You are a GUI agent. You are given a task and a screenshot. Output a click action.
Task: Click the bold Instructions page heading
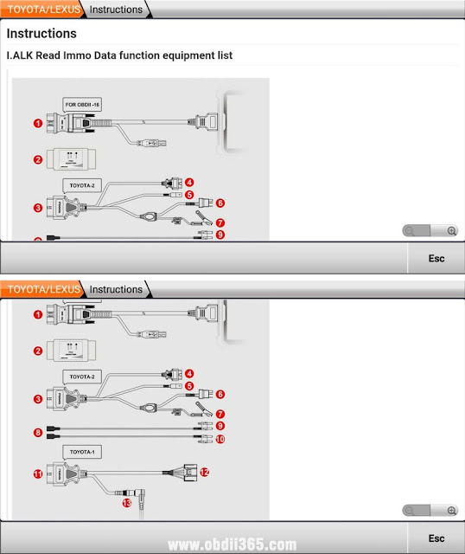41,34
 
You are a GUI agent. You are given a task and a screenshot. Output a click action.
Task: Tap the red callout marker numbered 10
220,440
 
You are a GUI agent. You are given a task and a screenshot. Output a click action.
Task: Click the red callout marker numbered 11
37,474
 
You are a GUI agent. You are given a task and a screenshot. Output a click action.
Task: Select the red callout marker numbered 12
204,473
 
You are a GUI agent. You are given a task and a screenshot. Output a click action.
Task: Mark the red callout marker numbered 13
126,502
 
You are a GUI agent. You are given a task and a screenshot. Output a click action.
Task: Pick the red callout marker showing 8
37,431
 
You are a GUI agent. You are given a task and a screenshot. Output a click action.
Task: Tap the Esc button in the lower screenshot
436,537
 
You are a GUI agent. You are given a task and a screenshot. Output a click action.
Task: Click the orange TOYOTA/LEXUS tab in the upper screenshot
40,10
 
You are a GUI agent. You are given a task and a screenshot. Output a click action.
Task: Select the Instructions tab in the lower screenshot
116,289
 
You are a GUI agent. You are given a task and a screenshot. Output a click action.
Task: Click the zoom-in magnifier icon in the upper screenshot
451,231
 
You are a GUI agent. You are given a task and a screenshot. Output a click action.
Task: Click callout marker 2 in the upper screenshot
37,159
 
